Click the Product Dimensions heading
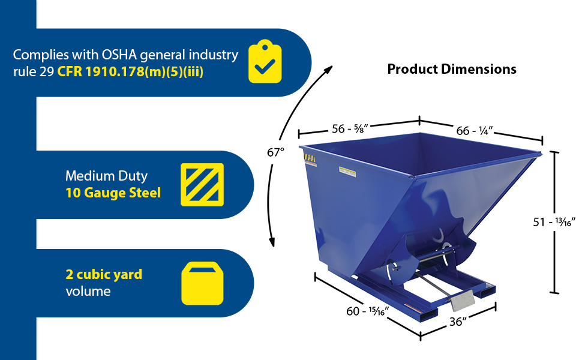(x=452, y=69)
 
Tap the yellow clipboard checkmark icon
(x=265, y=61)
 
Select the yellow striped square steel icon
(x=202, y=185)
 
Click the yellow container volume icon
(x=202, y=284)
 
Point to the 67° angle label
(x=275, y=152)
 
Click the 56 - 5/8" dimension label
(x=350, y=129)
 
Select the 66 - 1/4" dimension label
(x=475, y=131)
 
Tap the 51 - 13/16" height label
(x=554, y=222)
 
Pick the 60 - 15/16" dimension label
(x=367, y=311)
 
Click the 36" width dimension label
(x=458, y=322)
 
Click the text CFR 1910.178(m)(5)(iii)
(x=130, y=71)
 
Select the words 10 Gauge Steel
(x=113, y=193)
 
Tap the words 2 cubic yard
(x=104, y=275)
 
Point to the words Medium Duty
(x=107, y=176)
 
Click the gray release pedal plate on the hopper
(x=463, y=301)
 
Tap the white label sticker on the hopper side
(x=347, y=172)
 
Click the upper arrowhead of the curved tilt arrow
(x=328, y=70)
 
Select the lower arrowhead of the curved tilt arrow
(x=272, y=242)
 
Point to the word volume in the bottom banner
(x=88, y=292)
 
